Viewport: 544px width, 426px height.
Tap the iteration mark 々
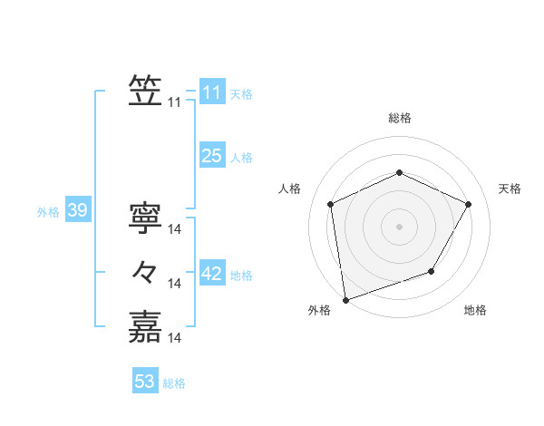pyautogui.click(x=145, y=272)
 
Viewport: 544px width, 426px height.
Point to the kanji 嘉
pyautogui.click(x=145, y=327)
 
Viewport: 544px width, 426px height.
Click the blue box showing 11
pyautogui.click(x=211, y=92)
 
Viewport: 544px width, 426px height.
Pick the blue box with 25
pyautogui.click(x=211, y=156)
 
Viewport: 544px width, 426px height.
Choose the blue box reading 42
pyautogui.click(x=211, y=274)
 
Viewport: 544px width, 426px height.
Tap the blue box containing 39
pyautogui.click(x=77, y=211)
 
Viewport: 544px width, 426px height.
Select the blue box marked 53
pyautogui.click(x=145, y=382)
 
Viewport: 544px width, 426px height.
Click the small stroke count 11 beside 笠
pyautogui.click(x=174, y=102)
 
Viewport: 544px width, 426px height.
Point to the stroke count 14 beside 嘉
pyautogui.click(x=176, y=338)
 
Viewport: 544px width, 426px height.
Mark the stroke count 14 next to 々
pyautogui.click(x=176, y=284)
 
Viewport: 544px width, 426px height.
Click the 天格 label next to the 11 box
pyautogui.click(x=241, y=94)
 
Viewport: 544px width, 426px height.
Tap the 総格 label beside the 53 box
pyautogui.click(x=174, y=383)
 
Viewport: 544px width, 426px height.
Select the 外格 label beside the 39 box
pyautogui.click(x=48, y=212)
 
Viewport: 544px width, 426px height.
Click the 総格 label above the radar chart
pyautogui.click(x=399, y=118)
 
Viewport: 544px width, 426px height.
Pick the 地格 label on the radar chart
pyautogui.click(x=475, y=310)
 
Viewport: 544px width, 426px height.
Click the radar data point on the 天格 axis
pyautogui.click(x=469, y=204)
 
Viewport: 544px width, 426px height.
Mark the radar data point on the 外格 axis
pyautogui.click(x=345, y=299)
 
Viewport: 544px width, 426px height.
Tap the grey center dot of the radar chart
pyautogui.click(x=399, y=226)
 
